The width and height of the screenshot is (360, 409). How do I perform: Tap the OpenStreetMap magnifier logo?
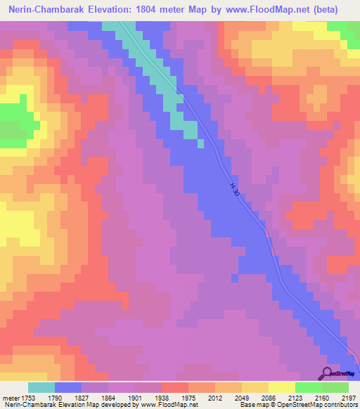(329, 373)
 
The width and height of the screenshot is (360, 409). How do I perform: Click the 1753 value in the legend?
(26, 397)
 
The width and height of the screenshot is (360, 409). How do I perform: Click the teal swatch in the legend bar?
(41, 387)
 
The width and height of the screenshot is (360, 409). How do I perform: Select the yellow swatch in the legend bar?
(281, 387)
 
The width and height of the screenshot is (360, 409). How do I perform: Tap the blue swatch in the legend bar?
(67, 387)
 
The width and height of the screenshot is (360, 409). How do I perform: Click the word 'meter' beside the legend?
(10, 397)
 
